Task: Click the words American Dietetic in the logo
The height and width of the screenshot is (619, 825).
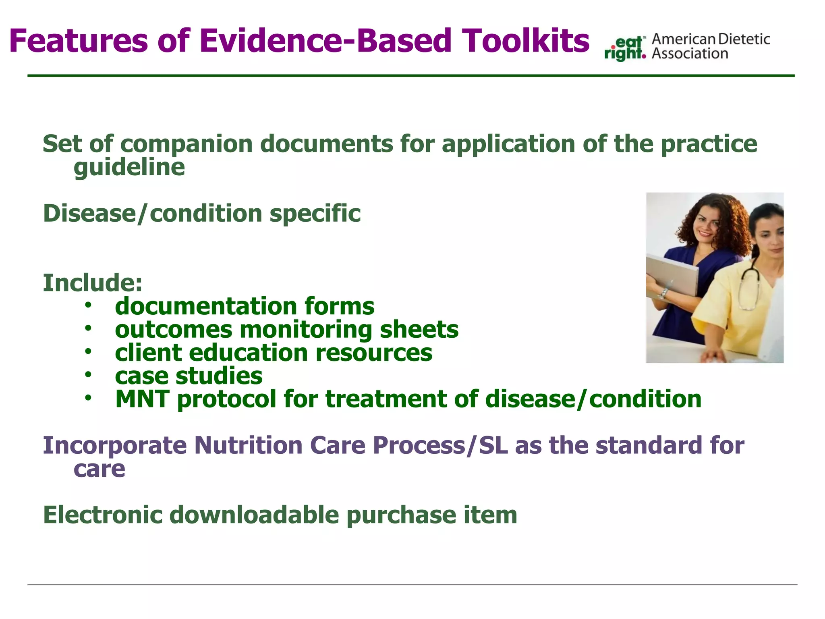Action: coord(711,39)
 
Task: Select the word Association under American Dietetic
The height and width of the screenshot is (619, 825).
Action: coord(690,54)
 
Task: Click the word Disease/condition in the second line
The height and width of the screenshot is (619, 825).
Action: coord(152,213)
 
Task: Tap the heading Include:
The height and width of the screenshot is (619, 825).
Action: coord(93,282)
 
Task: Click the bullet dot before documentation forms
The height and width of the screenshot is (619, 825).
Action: coord(88,305)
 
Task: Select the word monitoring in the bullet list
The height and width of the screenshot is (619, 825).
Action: coord(306,330)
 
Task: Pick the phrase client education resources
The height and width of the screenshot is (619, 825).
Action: coord(274,353)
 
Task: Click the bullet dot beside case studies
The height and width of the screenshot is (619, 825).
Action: coord(88,375)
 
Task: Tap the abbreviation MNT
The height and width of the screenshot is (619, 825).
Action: coord(142,399)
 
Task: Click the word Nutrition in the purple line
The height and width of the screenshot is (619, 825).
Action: coord(248,445)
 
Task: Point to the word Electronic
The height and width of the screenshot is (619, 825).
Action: coord(102,515)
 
